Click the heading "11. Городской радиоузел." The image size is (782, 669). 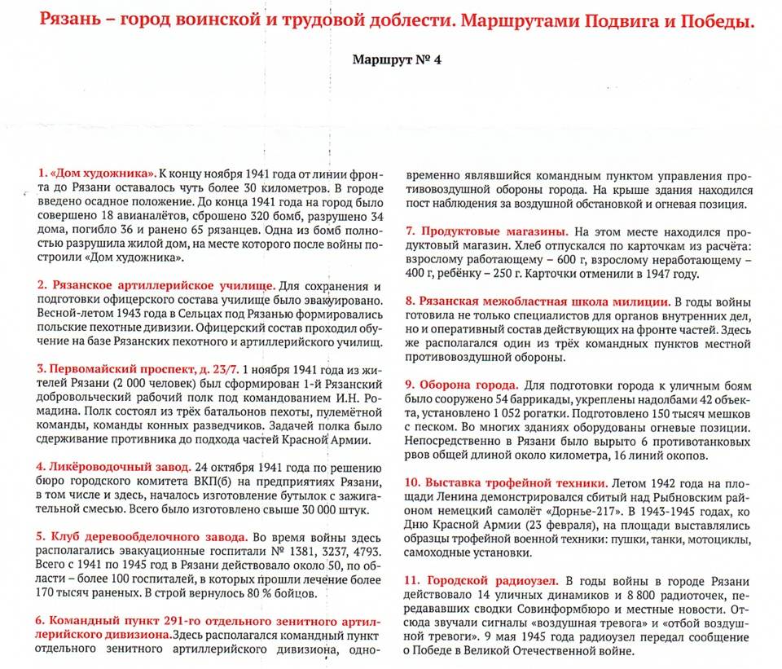(481, 580)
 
